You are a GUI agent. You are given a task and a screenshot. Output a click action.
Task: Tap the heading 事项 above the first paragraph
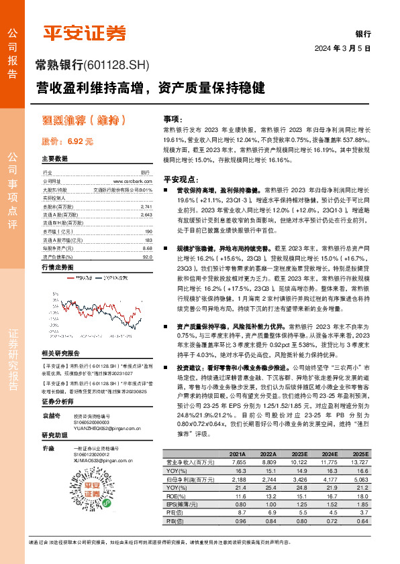tap(172, 117)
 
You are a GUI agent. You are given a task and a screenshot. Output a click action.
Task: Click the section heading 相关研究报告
tap(60, 353)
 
